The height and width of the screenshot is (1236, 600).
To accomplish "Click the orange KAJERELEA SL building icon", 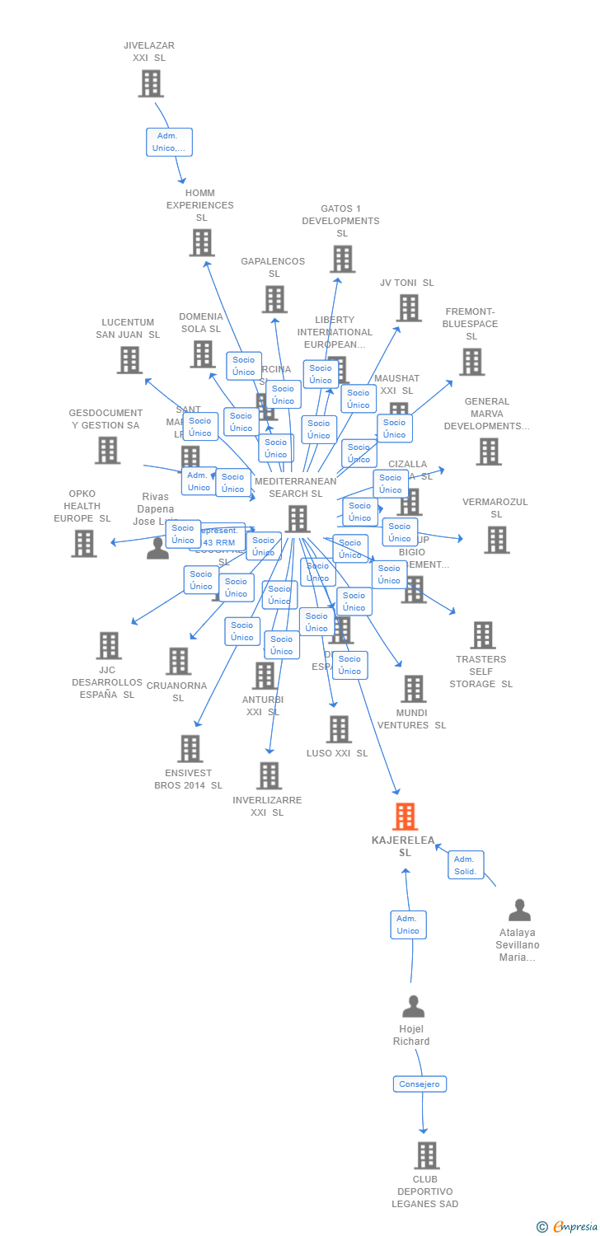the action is pyautogui.click(x=405, y=817).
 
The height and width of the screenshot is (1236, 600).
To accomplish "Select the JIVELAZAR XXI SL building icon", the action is pyautogui.click(x=151, y=83).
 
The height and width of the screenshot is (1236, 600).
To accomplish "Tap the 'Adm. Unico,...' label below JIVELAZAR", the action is pyautogui.click(x=169, y=143).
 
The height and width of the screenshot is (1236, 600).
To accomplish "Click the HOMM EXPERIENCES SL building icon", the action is pyautogui.click(x=202, y=243).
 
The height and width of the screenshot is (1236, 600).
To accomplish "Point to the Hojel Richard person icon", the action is pyautogui.click(x=413, y=1007).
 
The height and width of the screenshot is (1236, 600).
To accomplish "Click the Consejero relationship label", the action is pyautogui.click(x=420, y=1084).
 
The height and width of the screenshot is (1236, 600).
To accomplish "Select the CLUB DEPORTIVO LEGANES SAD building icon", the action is pyautogui.click(x=426, y=1155).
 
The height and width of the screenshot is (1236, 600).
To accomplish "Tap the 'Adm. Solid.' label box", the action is pyautogui.click(x=466, y=865).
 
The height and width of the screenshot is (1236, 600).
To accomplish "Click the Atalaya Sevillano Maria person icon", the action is pyautogui.click(x=519, y=911).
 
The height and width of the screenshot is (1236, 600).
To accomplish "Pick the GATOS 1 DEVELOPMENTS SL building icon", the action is pyautogui.click(x=342, y=259).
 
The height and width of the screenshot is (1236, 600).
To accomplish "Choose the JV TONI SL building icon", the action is pyautogui.click(x=408, y=308).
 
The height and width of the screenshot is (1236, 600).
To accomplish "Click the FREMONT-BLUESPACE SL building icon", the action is pyautogui.click(x=471, y=362).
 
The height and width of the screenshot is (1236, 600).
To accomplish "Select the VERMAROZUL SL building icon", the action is pyautogui.click(x=496, y=540).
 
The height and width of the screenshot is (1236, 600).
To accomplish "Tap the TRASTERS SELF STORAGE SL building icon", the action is pyautogui.click(x=483, y=635).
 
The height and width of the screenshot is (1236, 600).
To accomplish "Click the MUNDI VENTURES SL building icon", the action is pyautogui.click(x=413, y=689).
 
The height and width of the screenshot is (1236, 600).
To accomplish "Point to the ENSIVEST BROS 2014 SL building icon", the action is pyautogui.click(x=190, y=749).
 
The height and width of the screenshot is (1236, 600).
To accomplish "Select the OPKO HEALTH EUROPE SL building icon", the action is pyautogui.click(x=83, y=544).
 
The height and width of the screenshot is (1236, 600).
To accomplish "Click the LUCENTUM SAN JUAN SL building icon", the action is pyautogui.click(x=129, y=360).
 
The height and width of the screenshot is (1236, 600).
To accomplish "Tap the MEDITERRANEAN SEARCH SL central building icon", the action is pyautogui.click(x=298, y=519).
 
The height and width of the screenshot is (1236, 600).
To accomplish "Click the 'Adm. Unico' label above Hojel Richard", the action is pyautogui.click(x=408, y=925).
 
